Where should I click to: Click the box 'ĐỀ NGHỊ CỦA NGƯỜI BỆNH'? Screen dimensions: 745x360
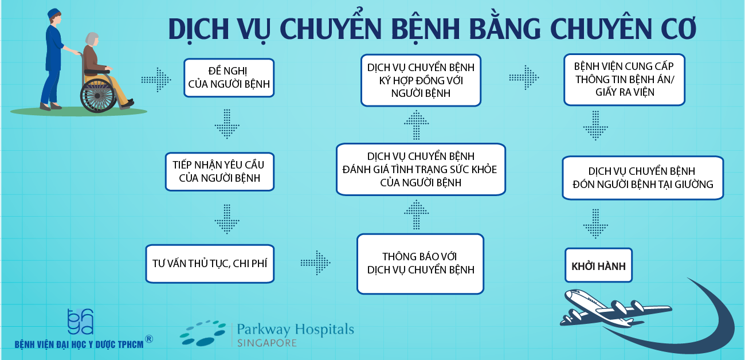[x=229, y=78]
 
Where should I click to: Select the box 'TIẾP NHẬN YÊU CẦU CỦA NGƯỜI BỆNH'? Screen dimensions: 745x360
[x=219, y=171]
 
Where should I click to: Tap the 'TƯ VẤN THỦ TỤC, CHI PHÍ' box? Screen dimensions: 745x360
[x=210, y=264]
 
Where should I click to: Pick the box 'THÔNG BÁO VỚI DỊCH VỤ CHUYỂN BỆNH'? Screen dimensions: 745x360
[x=421, y=264]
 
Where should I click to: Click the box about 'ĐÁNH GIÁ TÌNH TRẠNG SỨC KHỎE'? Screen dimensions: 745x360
[x=421, y=169]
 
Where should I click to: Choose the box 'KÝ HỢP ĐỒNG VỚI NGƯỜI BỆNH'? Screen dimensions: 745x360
[x=421, y=80]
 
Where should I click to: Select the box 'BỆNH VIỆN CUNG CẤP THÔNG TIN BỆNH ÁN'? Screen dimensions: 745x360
[x=624, y=80]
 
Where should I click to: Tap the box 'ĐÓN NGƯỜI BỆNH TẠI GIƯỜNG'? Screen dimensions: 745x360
[x=642, y=178]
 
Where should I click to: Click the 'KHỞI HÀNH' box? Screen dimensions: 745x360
[x=598, y=265]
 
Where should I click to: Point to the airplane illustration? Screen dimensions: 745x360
[x=615, y=308]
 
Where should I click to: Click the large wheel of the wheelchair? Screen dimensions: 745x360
[x=98, y=96]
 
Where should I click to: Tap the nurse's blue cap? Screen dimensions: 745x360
[x=53, y=13]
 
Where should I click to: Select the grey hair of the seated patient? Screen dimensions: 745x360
[x=92, y=38]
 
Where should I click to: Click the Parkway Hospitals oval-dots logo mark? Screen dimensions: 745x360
[x=203, y=332]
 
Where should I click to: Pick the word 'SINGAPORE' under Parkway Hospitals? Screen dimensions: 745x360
[x=266, y=343]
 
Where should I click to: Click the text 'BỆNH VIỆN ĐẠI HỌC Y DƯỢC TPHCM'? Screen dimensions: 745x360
[x=79, y=345]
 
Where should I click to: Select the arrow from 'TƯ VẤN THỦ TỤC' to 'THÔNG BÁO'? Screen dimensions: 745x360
[x=315, y=263]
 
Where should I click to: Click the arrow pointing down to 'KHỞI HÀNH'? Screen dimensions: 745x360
[x=595, y=224]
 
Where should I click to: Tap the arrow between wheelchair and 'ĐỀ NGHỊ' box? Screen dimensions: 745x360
[x=156, y=80]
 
